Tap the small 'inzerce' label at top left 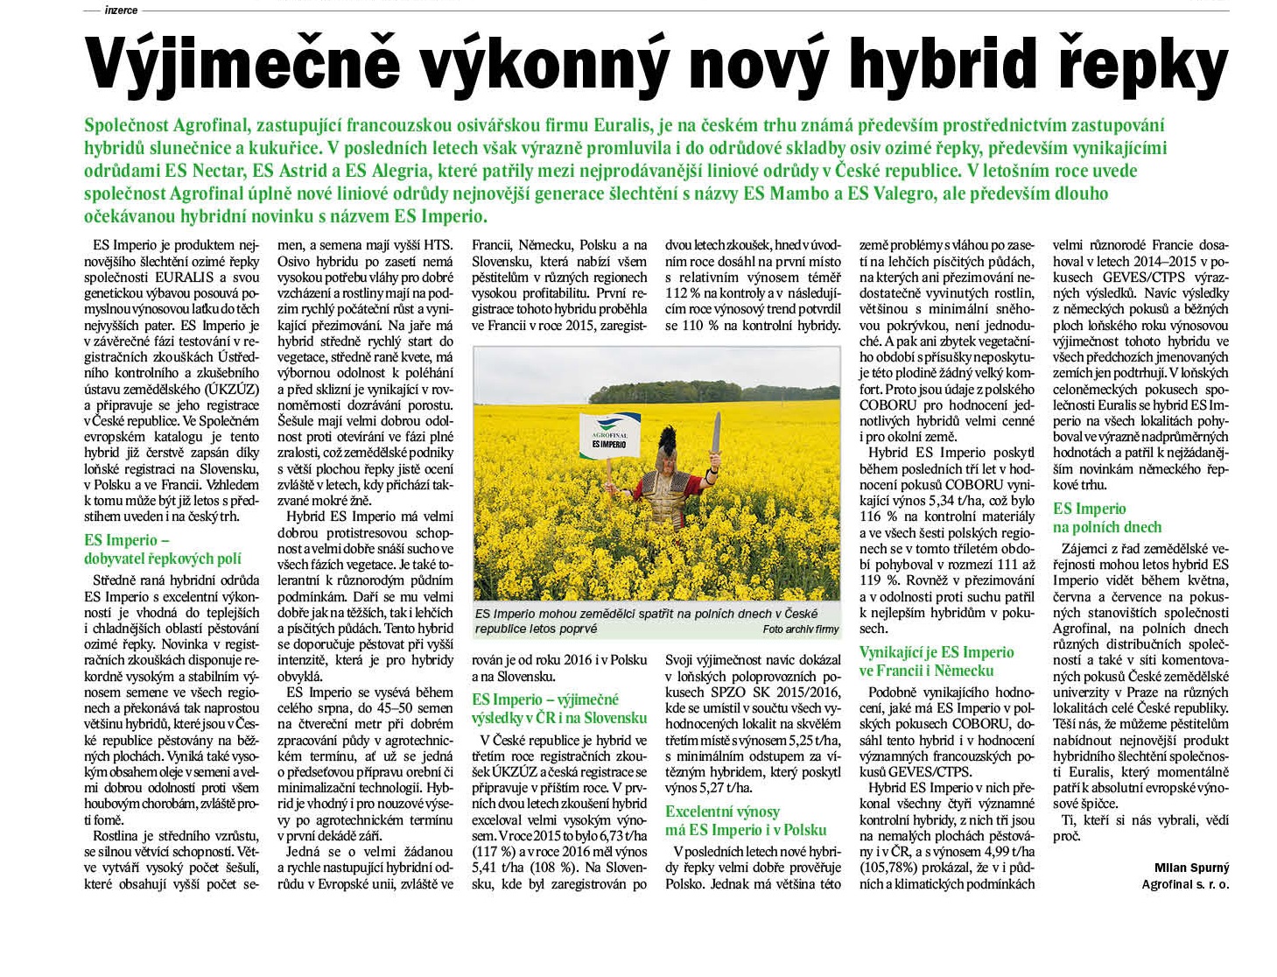tap(121, 10)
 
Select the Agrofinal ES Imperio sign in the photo tap(609, 436)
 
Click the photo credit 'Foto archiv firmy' tap(800, 629)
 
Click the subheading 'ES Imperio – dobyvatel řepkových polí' tap(162, 550)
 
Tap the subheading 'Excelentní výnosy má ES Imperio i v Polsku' tap(745, 821)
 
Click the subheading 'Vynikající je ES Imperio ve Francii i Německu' tap(935, 662)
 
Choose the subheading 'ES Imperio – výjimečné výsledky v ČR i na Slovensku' tap(558, 709)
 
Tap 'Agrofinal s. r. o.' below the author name tap(1185, 884)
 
